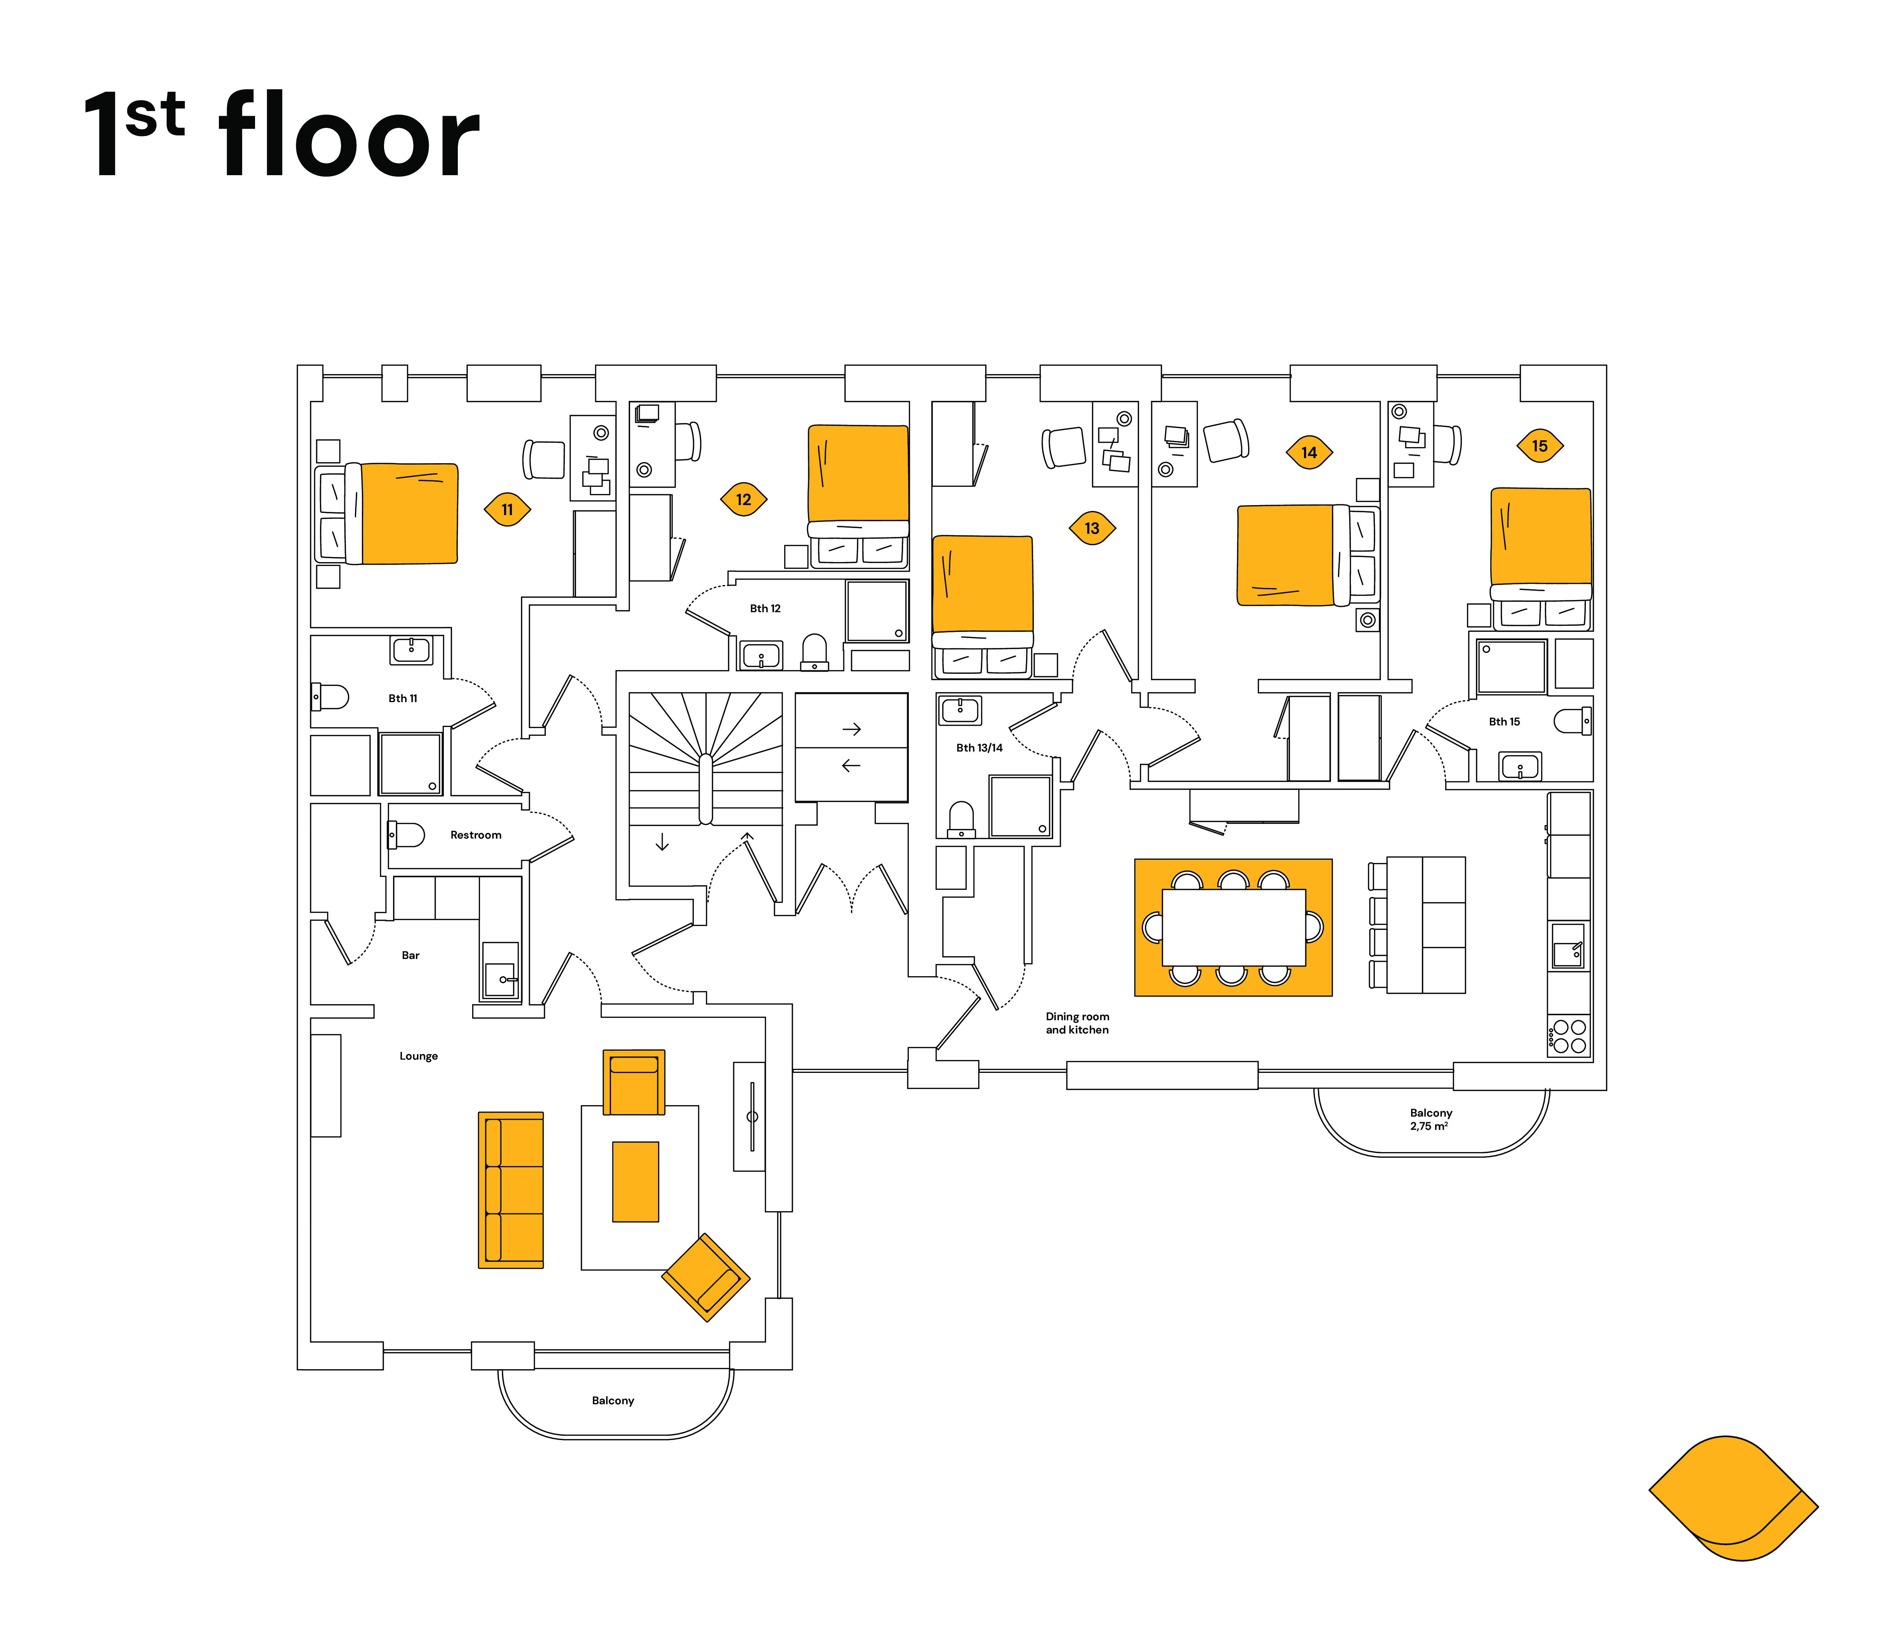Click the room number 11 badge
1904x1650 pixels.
(507, 509)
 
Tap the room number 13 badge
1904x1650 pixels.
(1092, 528)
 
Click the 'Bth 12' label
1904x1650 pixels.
(765, 609)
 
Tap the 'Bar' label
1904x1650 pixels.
(411, 956)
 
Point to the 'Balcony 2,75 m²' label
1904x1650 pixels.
(1431, 1120)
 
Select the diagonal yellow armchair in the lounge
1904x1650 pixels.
(706, 1277)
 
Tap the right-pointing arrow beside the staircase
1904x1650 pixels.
(852, 729)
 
